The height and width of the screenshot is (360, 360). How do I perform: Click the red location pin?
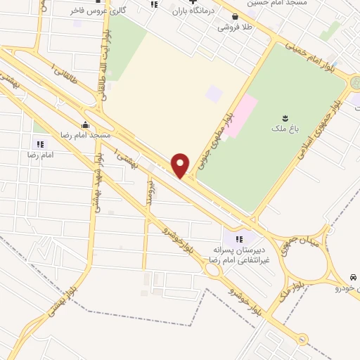pos(181,165)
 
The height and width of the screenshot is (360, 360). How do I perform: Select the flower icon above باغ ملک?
pos(285,117)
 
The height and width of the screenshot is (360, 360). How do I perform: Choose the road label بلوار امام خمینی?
pos(309,56)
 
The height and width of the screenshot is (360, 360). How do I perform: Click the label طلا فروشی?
pos(234,27)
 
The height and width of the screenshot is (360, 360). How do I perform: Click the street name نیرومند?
pos(150,191)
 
